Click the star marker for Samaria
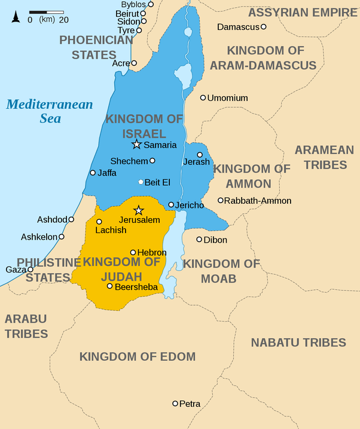pos(136,144)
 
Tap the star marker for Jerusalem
pos(139,210)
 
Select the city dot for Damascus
pos(264,27)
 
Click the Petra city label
pos(190,404)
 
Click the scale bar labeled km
pos(47,12)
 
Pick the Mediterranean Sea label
pos(50,111)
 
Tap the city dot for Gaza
pos(30,269)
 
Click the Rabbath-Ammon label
pos(258,201)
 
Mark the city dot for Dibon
pos(200,240)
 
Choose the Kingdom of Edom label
pos(138,357)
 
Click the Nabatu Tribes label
pos(298,342)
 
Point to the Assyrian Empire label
pos(302,12)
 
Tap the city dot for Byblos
pos(151,4)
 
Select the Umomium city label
pos(227,98)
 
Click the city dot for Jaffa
pos(93,173)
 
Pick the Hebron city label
pos(152,253)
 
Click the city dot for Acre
pos(134,63)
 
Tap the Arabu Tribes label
pos(26,326)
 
